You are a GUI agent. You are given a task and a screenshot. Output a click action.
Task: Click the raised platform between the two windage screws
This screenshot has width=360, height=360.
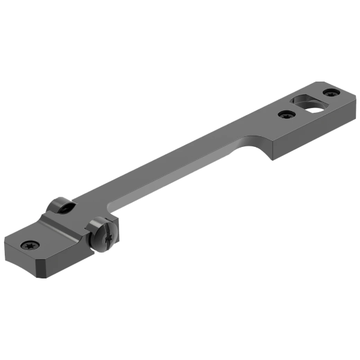pos(72,222)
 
